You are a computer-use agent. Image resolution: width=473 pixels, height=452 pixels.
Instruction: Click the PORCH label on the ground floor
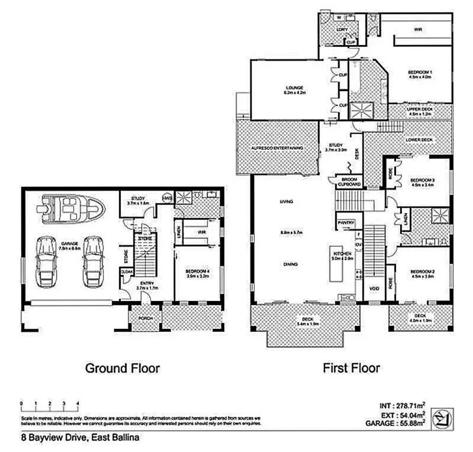pos(145,319)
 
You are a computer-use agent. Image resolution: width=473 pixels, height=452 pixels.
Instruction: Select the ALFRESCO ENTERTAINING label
pos(277,149)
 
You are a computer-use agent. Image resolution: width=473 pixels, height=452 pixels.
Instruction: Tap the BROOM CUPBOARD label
pos(349,182)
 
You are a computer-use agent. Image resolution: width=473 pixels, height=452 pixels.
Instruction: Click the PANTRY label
pos(346,223)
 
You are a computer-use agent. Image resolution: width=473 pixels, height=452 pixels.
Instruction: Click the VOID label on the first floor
pos(374,289)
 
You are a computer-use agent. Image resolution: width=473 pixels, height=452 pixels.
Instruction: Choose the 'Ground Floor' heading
pos(122,368)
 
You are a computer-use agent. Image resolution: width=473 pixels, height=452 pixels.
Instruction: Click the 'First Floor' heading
pos(351,368)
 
